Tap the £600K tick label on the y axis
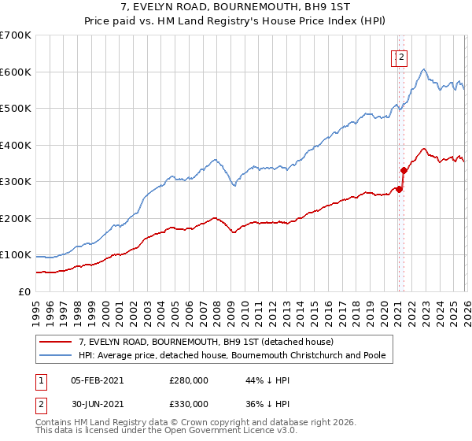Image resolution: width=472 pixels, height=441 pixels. (x=16, y=72)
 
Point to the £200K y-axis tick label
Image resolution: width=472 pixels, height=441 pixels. (x=16, y=218)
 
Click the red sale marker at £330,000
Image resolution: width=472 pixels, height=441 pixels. (x=404, y=170)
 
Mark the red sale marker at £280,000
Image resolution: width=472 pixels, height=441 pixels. (x=399, y=189)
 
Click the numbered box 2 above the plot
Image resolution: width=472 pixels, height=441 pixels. (x=400, y=57)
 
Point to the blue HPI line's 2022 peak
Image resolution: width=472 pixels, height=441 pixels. (x=423, y=70)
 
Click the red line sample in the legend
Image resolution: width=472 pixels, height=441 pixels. (x=57, y=342)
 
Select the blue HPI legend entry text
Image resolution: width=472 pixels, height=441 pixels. (x=232, y=355)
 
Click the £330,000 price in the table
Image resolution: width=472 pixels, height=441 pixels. (x=188, y=403)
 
